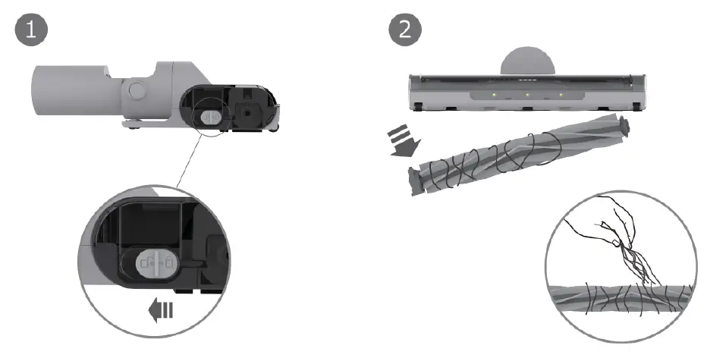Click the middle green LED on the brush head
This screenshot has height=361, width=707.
(527, 96)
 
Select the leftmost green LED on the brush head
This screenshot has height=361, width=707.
(493, 96)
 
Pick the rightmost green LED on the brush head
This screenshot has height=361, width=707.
(561, 96)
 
